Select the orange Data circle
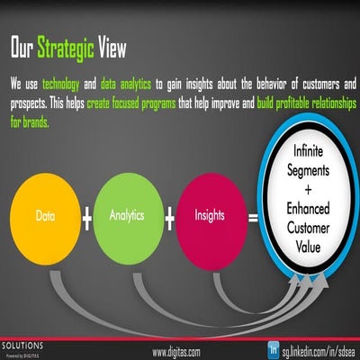46,217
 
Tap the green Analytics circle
128,216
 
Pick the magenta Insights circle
209,216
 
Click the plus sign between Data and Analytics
87,219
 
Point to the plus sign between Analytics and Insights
168,219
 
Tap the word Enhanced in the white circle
309,208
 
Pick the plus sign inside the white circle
309,190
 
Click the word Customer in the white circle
309,227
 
